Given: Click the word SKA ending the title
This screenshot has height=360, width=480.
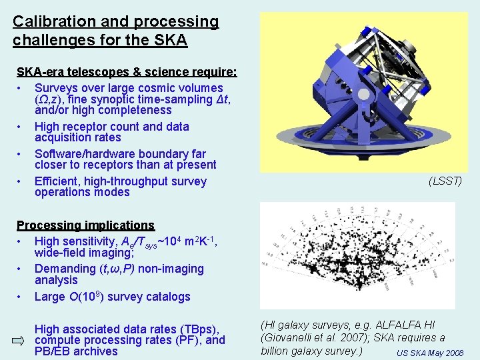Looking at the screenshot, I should click(172, 40).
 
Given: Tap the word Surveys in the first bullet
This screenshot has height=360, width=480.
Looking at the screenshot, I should click(59, 88).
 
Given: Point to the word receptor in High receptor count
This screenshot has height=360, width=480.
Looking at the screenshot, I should click(90, 127).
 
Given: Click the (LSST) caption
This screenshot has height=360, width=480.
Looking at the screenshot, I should click(445, 181).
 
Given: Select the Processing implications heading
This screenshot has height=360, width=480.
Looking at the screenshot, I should click(85, 226).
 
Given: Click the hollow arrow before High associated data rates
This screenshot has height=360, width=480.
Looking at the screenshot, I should click(18, 341).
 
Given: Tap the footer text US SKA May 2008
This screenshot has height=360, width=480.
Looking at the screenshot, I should click(429, 353).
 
